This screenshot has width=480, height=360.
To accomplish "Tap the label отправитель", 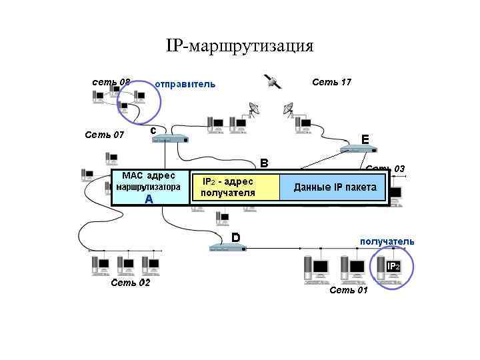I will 185,85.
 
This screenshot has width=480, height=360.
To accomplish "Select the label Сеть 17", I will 331,82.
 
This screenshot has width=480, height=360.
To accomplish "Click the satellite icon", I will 273,81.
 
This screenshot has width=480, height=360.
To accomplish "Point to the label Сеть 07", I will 104,135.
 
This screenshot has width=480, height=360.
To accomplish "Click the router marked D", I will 227,248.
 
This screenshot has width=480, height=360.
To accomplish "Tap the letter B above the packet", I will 264,163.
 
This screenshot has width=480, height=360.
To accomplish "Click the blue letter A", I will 149,199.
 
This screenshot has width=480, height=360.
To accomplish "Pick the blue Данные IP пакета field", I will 335,187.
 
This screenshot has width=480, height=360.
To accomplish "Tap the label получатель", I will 387,241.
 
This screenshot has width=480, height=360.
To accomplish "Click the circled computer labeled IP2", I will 391,267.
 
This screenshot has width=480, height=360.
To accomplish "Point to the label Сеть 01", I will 348,290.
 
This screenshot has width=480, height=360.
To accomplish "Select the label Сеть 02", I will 130,283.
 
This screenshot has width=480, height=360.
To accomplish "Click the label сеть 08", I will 111,82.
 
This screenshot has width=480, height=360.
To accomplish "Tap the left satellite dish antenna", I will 254,108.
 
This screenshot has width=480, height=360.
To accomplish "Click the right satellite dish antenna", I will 289,108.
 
